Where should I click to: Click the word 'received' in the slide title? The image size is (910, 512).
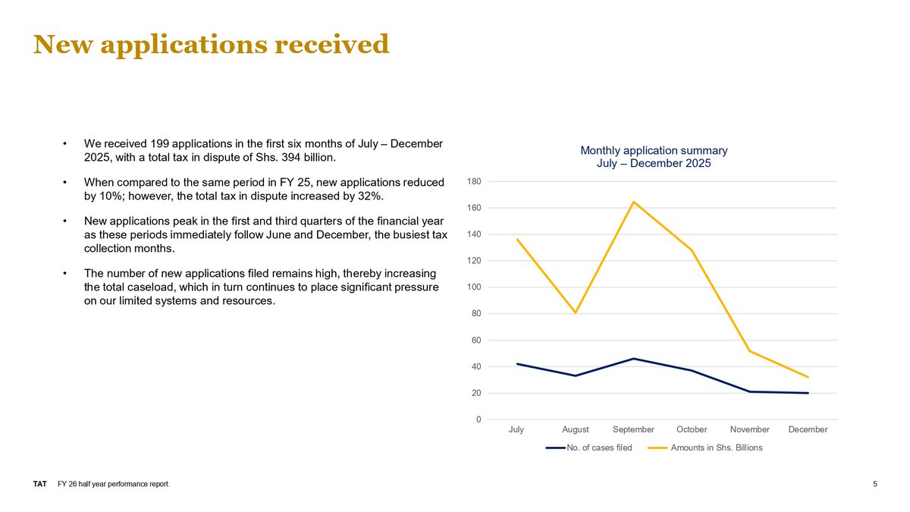click(331, 44)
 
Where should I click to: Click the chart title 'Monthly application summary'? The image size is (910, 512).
click(654, 151)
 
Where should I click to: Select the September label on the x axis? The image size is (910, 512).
click(633, 429)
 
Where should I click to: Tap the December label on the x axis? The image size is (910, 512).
click(808, 429)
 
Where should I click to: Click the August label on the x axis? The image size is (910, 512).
click(576, 429)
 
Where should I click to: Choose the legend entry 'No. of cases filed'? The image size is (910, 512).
click(599, 448)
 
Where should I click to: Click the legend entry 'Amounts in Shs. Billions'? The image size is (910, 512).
click(717, 448)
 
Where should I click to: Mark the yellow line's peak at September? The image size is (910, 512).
click(633, 202)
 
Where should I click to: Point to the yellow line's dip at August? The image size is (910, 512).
click(576, 313)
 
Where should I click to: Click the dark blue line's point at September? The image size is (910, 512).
click(633, 359)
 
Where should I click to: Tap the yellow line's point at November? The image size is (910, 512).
click(749, 350)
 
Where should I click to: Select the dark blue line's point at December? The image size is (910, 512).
click(808, 393)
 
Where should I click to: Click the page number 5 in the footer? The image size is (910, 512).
click(875, 485)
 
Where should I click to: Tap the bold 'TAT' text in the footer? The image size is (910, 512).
click(40, 485)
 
